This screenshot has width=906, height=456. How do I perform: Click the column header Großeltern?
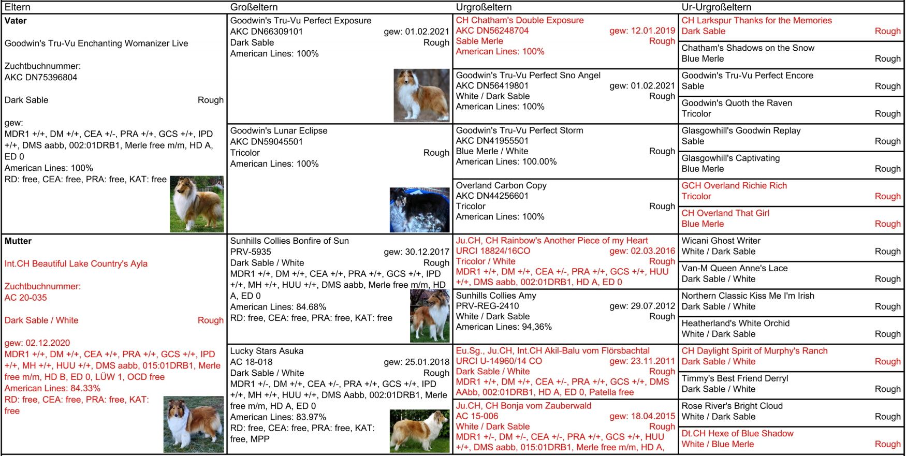click(254, 7)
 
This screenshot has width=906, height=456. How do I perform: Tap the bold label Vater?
click(16, 21)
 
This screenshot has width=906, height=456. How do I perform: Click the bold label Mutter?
click(18, 241)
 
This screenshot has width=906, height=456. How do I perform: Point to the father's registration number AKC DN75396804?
click(41, 78)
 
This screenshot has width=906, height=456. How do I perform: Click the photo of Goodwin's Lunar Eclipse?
click(419, 210)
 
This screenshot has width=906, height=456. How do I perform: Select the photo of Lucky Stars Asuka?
click(419, 431)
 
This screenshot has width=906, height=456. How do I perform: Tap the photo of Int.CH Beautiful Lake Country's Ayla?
click(194, 424)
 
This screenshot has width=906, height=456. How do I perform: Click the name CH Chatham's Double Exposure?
click(519, 20)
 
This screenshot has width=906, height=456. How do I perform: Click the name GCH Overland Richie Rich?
click(734, 186)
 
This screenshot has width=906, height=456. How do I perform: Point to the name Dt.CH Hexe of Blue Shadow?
click(737, 434)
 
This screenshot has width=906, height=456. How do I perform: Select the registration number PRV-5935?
click(251, 252)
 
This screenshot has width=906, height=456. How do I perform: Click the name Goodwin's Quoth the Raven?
click(737, 103)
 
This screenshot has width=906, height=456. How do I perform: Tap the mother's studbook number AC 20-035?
click(26, 298)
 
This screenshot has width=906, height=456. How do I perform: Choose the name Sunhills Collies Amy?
click(496, 296)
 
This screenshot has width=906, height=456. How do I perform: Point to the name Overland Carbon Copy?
click(501, 185)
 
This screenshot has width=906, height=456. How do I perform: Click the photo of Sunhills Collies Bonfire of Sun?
click(430, 316)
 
